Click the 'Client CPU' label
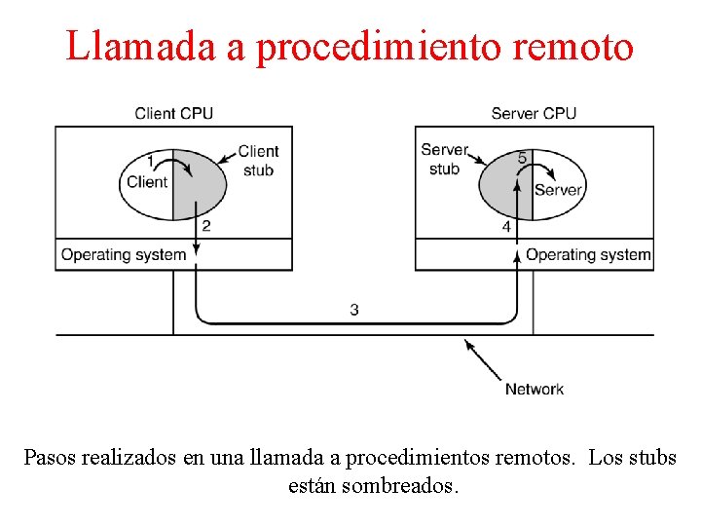[173, 113]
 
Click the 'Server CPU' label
[534, 113]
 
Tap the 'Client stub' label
[258, 161]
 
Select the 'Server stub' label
[444, 159]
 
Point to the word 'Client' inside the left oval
[147, 181]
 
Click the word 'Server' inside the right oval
[558, 190]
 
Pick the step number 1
[150, 161]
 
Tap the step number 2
[205, 226]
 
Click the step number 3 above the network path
[354, 310]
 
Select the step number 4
[506, 226]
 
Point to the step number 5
[523, 158]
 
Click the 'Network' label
[534, 389]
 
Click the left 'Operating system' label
[124, 255]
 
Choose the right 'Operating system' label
[588, 255]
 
